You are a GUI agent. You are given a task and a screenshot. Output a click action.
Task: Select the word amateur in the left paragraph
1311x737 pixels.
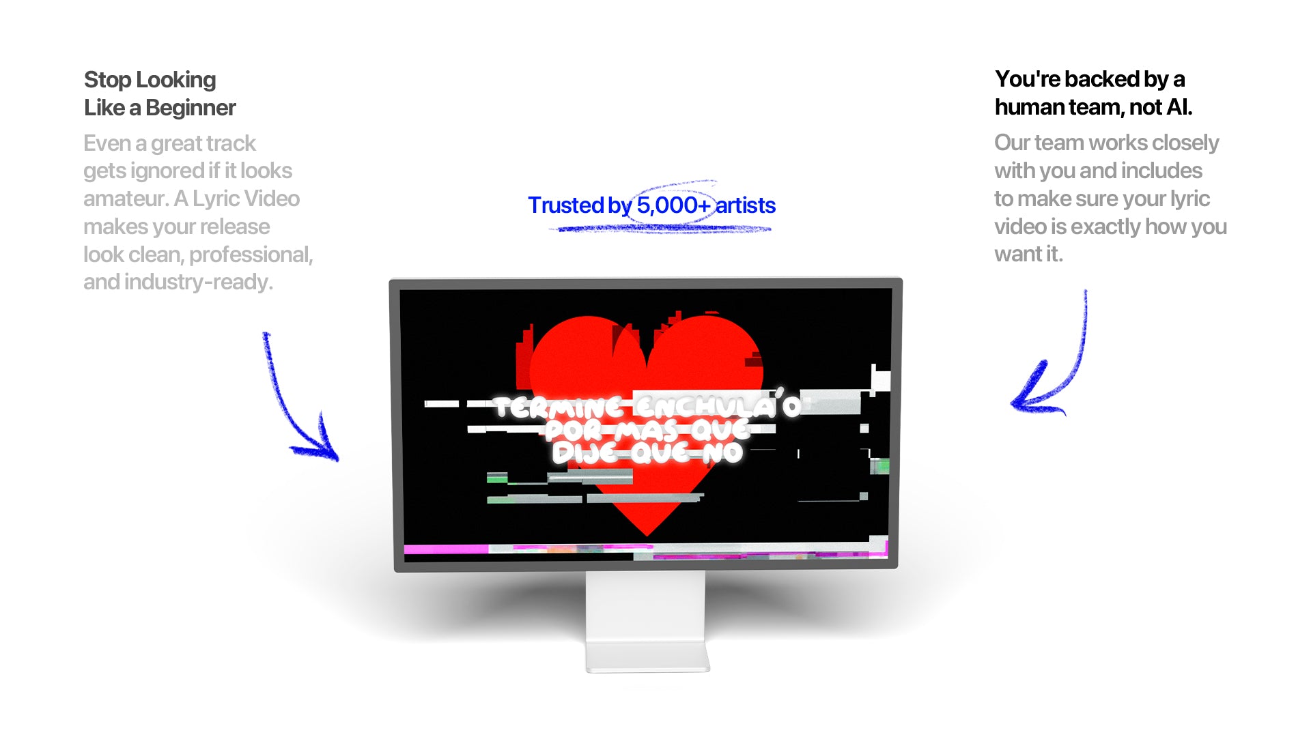point(125,199)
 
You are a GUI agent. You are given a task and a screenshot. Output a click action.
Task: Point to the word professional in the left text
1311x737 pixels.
point(251,255)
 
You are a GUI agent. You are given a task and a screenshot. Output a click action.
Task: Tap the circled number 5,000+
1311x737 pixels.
point(673,205)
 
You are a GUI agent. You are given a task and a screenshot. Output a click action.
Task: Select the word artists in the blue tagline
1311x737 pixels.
point(746,205)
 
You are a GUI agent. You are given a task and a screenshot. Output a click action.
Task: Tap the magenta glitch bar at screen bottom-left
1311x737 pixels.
point(446,549)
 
